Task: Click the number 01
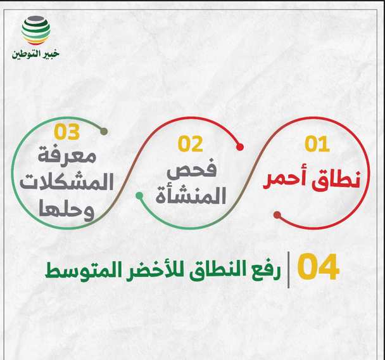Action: [317, 145]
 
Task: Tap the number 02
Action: [190, 145]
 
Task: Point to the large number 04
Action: [319, 269]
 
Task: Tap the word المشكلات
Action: [66, 183]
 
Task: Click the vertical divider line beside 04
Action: [289, 269]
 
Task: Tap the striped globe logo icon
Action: [35, 29]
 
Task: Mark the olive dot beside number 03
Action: [104, 132]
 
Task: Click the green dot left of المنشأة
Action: [139, 196]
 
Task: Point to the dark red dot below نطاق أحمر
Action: [277, 215]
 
